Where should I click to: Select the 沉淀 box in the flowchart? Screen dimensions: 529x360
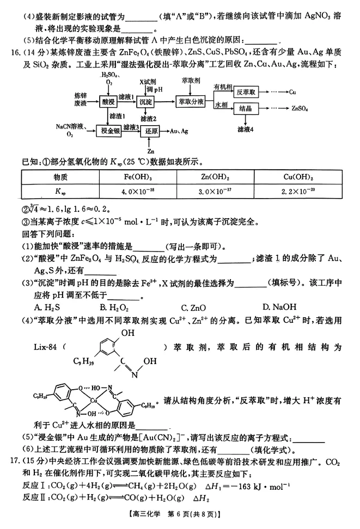pyautogui.click(x=146, y=102)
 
